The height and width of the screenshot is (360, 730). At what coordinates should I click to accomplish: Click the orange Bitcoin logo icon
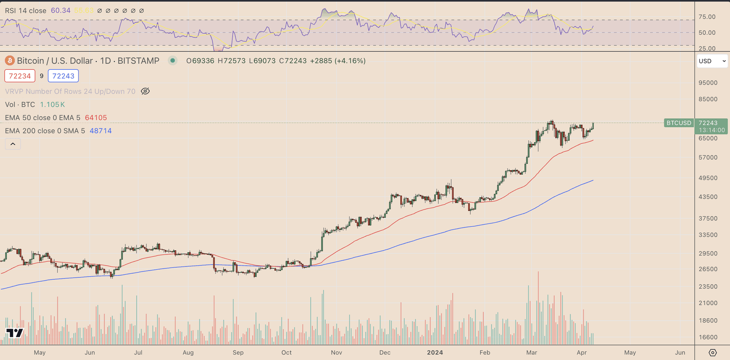tap(10, 61)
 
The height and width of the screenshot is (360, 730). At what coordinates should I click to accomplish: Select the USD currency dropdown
tap(712, 61)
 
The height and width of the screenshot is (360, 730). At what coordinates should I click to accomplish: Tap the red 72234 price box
tap(20, 76)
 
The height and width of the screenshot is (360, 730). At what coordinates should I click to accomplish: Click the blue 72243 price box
tap(63, 76)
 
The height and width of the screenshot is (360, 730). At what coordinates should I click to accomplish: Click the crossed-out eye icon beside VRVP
tap(145, 91)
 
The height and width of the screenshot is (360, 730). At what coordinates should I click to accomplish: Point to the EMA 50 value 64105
tap(96, 118)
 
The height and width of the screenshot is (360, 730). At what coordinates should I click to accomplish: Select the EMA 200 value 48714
tap(100, 131)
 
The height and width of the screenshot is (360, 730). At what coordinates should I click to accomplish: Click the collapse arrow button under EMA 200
tap(13, 144)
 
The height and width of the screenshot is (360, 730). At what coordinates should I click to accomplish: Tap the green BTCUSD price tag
tap(678, 123)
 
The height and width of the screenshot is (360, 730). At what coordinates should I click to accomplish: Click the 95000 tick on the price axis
tap(708, 83)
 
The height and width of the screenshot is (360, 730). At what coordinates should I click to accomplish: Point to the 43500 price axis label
tap(708, 197)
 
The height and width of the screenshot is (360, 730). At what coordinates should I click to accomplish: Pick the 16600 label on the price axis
tap(708, 338)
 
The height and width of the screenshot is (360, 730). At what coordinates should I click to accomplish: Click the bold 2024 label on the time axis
tap(435, 353)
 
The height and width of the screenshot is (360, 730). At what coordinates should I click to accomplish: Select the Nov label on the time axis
tap(336, 353)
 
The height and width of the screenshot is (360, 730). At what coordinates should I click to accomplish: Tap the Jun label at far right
tap(680, 353)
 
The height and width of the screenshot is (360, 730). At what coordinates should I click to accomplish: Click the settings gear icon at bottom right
tap(713, 353)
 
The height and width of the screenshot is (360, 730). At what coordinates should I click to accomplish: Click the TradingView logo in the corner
tap(14, 333)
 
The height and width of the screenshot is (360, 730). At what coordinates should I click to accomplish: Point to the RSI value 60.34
tap(61, 10)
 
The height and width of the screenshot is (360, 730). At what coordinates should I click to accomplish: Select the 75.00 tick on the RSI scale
tap(707, 17)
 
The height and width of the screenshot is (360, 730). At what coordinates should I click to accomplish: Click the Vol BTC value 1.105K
tap(52, 105)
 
